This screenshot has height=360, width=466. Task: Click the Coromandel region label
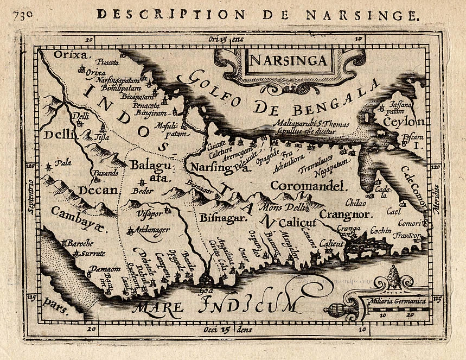[x=308, y=187]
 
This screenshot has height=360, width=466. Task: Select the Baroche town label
[x=81, y=243]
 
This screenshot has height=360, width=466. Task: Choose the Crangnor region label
[x=345, y=214]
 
